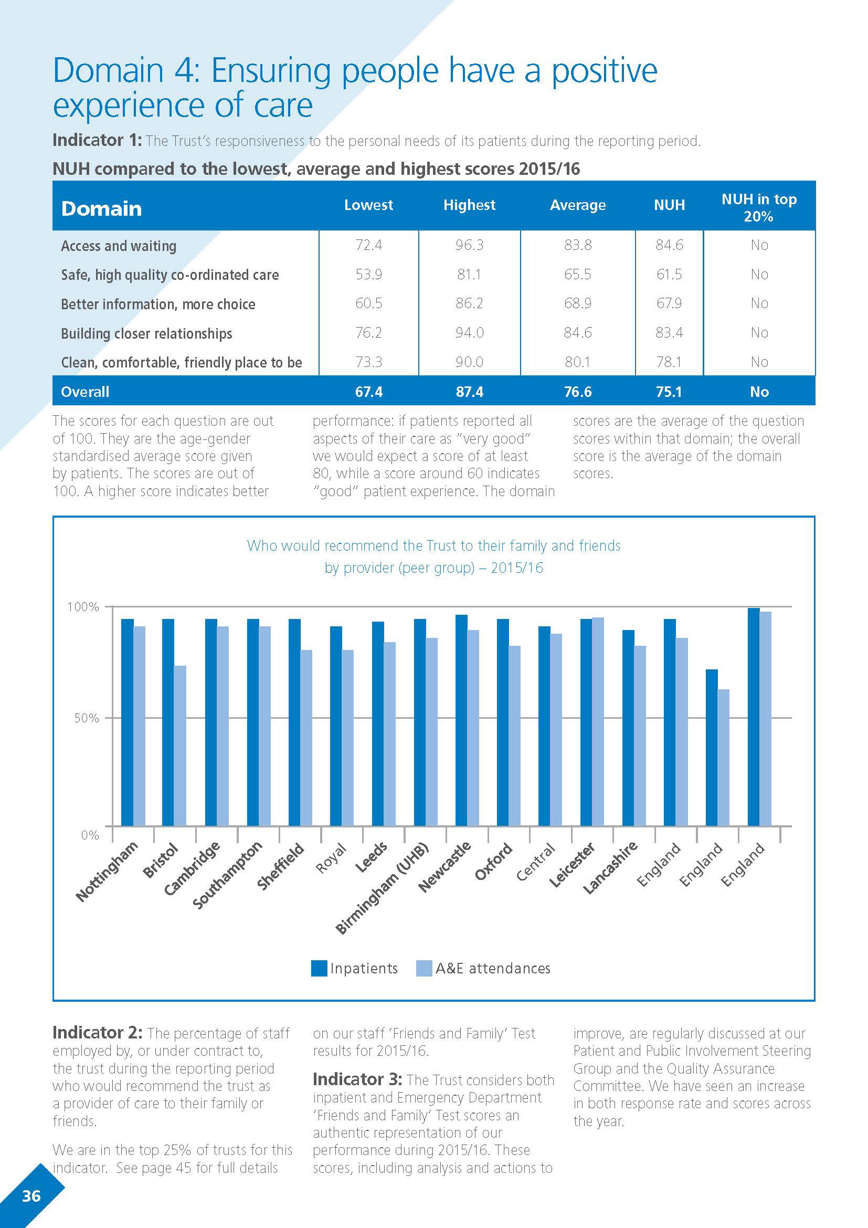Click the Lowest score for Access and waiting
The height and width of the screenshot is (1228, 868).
point(368,245)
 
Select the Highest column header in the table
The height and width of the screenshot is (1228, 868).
point(469,205)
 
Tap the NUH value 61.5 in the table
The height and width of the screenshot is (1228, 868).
point(669,275)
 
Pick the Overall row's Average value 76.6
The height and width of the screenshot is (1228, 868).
point(577,392)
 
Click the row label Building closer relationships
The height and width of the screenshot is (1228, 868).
point(146,333)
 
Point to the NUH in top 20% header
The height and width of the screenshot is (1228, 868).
point(758,207)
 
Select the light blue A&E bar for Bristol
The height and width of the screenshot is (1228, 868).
point(180,746)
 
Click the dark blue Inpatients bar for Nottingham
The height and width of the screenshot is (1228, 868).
point(127,722)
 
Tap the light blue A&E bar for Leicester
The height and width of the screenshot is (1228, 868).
point(598,721)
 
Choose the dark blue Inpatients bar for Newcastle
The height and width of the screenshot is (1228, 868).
point(461,720)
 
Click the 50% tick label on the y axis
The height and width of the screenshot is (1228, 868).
point(87,718)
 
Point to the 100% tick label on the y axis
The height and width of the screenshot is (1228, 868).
point(83,607)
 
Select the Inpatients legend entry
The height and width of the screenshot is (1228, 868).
point(355,968)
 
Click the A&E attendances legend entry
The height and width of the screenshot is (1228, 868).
point(483,968)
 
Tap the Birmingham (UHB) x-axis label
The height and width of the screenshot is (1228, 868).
point(382,888)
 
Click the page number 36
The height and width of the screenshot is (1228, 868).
point(31,1196)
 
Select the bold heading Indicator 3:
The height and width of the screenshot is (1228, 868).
point(357,1079)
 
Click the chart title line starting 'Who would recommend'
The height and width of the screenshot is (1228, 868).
point(433,545)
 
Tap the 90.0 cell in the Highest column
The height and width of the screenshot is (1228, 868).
point(469,362)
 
